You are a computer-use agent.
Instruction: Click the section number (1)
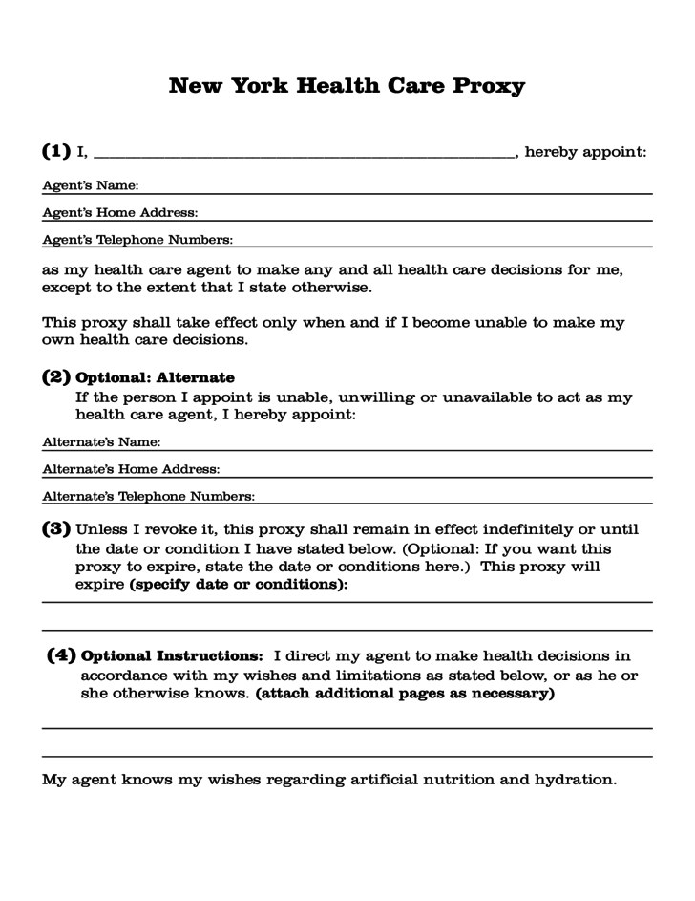(x=56, y=151)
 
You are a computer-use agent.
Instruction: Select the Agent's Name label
(x=91, y=185)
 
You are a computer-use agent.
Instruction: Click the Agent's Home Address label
(x=120, y=212)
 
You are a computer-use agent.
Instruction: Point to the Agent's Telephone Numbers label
(x=137, y=239)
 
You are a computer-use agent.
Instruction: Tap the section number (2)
(x=56, y=377)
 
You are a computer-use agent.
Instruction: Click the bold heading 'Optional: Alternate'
(x=155, y=378)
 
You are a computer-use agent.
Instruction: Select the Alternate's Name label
(x=101, y=442)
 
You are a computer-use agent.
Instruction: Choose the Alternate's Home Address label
(x=132, y=469)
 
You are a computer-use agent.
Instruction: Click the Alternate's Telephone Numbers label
(x=148, y=496)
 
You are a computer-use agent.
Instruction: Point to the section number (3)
(x=56, y=528)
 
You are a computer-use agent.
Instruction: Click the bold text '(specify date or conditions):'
(x=239, y=585)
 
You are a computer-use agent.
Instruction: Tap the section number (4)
(x=62, y=656)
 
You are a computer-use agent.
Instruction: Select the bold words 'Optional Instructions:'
(x=173, y=656)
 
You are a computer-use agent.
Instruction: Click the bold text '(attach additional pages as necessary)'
(x=405, y=694)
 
